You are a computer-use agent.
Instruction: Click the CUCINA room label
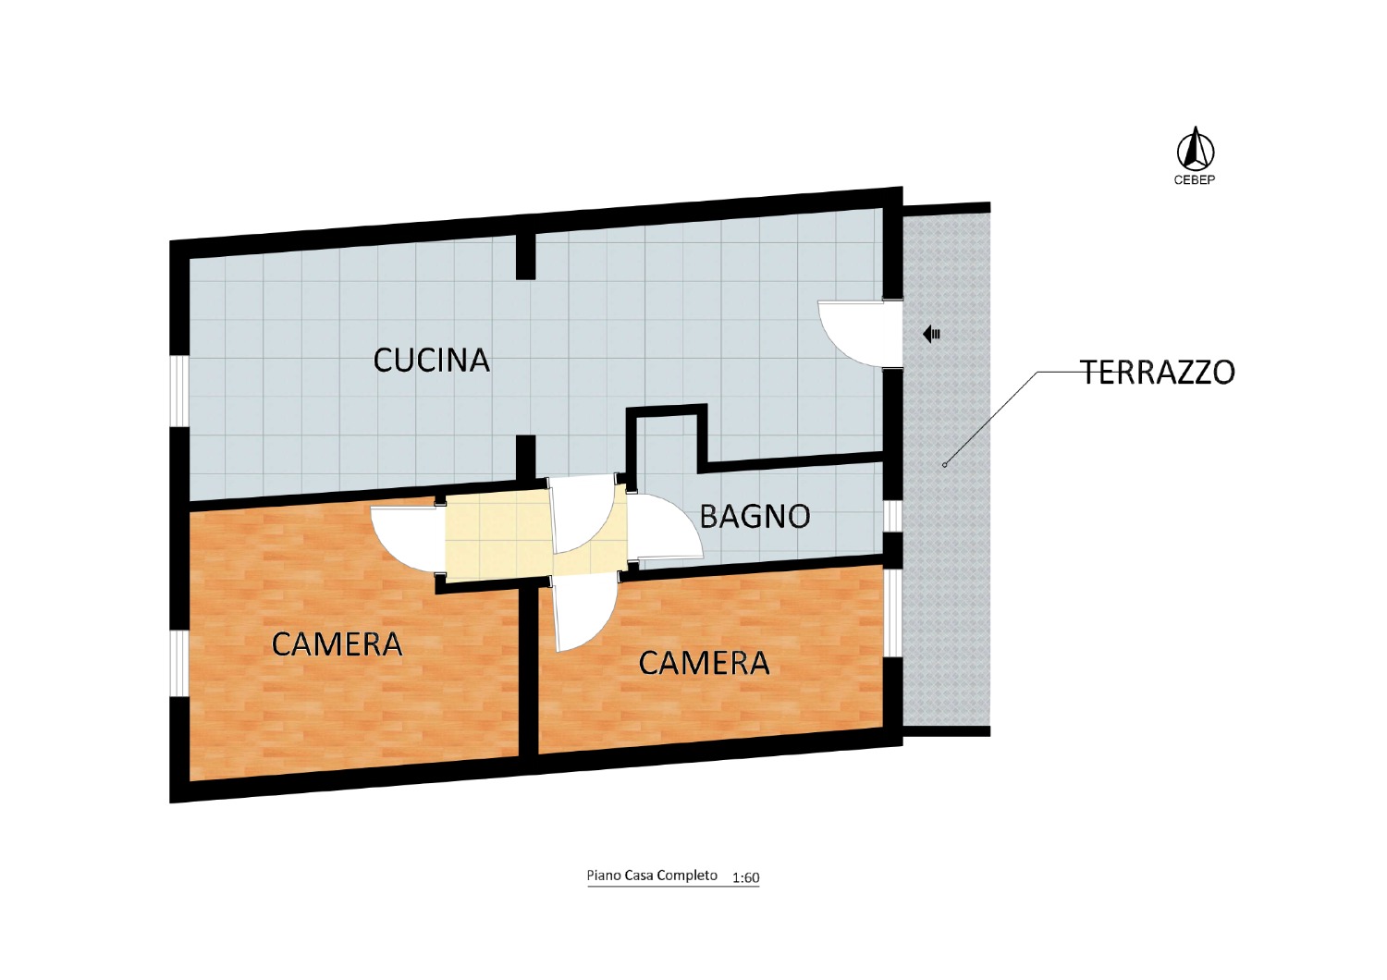(431, 361)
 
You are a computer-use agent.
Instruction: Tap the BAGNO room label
(755, 516)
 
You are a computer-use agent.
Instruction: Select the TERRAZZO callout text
(1158, 372)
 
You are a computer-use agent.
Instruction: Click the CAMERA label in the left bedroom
(337, 644)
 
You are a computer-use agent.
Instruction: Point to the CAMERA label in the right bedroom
(704, 664)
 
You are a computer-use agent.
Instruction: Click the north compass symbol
(1195, 149)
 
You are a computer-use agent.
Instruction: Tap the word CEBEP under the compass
(1195, 180)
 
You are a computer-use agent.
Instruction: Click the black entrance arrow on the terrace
(931, 335)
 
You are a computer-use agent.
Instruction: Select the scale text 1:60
(745, 877)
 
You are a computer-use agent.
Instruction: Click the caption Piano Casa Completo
(652, 876)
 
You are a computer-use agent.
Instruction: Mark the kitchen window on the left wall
(179, 391)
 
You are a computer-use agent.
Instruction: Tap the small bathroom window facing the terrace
(892, 516)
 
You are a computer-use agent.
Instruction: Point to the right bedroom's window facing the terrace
(892, 612)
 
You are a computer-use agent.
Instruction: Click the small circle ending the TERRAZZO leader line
(944, 465)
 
